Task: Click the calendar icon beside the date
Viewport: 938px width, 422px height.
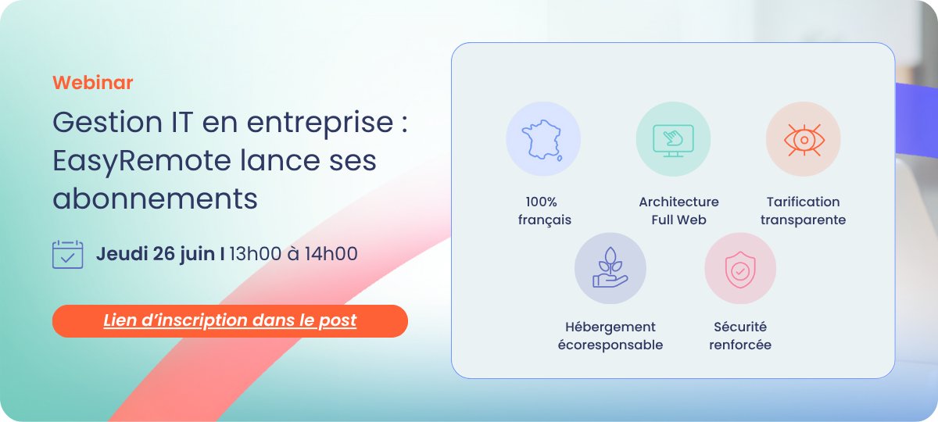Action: point(67,254)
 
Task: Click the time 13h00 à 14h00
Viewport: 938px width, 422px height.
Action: point(293,253)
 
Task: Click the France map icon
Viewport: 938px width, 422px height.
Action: point(543,139)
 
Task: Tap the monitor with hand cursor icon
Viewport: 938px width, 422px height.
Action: point(673,139)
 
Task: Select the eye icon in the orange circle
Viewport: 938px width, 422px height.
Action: point(803,139)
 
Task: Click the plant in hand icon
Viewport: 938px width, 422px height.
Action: point(610,269)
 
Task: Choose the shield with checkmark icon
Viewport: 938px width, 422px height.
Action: point(739,269)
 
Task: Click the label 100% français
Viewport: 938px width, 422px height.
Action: point(544,211)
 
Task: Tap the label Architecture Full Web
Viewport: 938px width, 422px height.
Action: point(678,211)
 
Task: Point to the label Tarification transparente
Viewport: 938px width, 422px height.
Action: point(803,211)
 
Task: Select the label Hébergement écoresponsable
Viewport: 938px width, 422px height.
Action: point(610,336)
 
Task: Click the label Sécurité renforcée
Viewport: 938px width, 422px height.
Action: point(739,336)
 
